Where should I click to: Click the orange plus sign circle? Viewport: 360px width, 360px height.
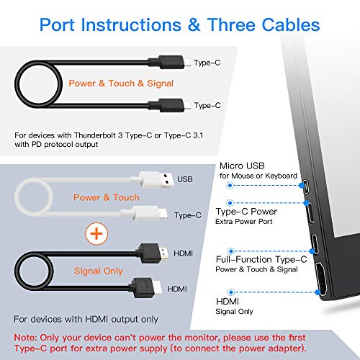(96, 233)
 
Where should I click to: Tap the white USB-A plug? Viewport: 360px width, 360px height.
(157, 179)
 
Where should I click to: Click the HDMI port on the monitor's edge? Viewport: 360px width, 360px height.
(321, 279)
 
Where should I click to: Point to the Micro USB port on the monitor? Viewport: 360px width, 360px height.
(306, 186)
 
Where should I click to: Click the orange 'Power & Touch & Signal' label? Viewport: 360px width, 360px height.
(121, 84)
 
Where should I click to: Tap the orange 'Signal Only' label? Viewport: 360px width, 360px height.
(99, 271)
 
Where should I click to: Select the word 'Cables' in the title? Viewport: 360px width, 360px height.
(291, 24)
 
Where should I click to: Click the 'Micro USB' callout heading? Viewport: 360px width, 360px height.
(242, 166)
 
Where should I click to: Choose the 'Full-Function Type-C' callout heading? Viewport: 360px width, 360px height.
(261, 259)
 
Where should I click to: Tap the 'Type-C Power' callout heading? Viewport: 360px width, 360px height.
(246, 212)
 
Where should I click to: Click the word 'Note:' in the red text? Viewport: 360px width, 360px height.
(25, 338)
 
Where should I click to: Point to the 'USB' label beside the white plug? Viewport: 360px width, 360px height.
(185, 179)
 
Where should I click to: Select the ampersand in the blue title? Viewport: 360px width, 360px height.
(194, 24)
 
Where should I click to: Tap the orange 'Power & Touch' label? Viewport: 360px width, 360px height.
(107, 197)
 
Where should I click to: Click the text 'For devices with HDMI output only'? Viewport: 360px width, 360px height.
(86, 320)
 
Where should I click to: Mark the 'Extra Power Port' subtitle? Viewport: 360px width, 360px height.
(244, 222)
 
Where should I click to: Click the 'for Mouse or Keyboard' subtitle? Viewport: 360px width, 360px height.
(258, 176)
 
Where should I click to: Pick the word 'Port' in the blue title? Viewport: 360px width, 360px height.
(57, 24)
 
